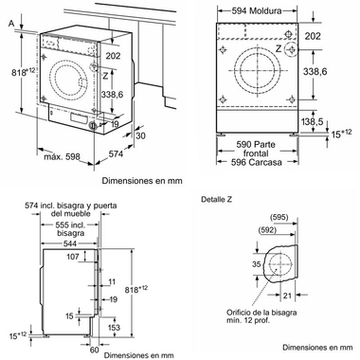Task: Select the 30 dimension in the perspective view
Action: pyautogui.click(x=140, y=135)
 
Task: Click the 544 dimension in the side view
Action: pyautogui.click(x=65, y=243)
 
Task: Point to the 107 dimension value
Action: pyautogui.click(x=72, y=256)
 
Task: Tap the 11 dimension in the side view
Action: pyautogui.click(x=112, y=282)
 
